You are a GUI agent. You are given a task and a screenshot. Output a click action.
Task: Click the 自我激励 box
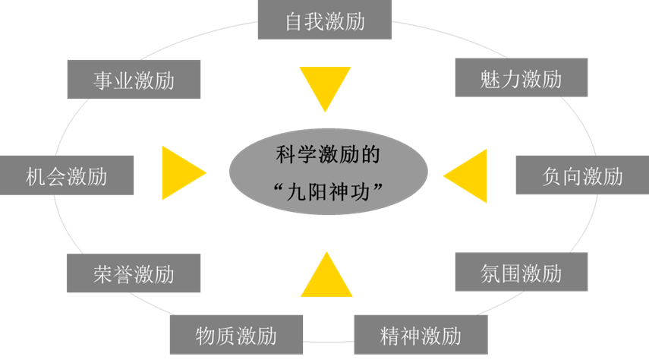point(325,20)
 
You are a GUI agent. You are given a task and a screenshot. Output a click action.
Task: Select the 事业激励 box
point(134,79)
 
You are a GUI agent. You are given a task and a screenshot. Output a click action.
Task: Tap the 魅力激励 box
point(521,77)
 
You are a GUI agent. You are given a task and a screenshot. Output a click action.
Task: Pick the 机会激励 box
point(67,176)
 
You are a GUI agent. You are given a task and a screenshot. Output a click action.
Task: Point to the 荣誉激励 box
point(134,273)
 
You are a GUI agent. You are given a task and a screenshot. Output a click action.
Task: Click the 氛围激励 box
point(521,273)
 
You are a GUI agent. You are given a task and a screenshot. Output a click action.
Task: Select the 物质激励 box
point(235,335)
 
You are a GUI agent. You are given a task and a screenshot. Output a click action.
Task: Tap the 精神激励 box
point(420,335)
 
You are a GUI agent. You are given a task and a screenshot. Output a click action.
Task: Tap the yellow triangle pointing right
point(181,174)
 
